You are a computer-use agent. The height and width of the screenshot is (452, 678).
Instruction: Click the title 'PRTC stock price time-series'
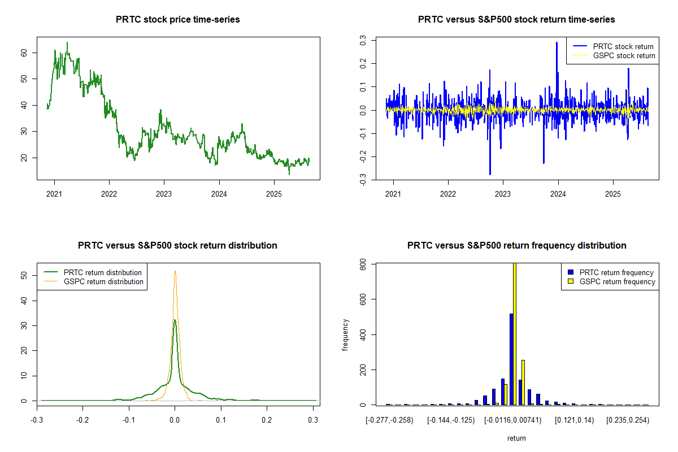(x=177, y=20)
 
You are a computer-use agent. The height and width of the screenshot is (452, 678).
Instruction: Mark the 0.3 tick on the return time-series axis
(x=362, y=41)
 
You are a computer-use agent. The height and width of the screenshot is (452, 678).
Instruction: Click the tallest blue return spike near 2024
(x=557, y=43)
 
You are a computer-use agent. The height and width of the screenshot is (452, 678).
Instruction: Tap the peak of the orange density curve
(x=175, y=271)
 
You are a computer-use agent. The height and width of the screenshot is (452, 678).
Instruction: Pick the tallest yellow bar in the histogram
(x=514, y=333)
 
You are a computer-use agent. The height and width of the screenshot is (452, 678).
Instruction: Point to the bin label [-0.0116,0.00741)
(x=513, y=421)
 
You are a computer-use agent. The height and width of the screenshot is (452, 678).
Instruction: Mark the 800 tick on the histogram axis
(x=362, y=263)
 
